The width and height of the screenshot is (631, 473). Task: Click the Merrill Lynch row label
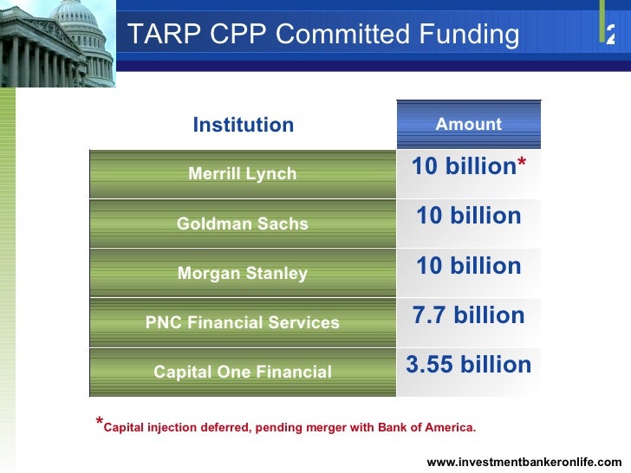243,174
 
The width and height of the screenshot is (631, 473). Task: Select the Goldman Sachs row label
243,224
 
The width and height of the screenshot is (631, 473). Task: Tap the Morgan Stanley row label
243,274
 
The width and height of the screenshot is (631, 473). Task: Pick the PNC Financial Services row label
243,323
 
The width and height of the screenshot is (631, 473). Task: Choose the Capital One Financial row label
243,373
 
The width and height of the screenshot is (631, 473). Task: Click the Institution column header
243,125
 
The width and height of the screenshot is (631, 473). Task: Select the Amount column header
468,125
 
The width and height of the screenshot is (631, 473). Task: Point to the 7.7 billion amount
468,315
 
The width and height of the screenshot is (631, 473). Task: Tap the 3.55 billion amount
468,365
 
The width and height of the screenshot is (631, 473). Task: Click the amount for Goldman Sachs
468,216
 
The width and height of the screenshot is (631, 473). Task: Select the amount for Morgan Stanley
468,266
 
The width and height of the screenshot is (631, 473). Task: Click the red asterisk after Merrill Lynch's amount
522,165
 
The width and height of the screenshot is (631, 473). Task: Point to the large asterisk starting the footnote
99,423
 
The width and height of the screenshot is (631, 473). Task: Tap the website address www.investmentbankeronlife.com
524,462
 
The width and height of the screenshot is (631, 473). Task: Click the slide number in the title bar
611,36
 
